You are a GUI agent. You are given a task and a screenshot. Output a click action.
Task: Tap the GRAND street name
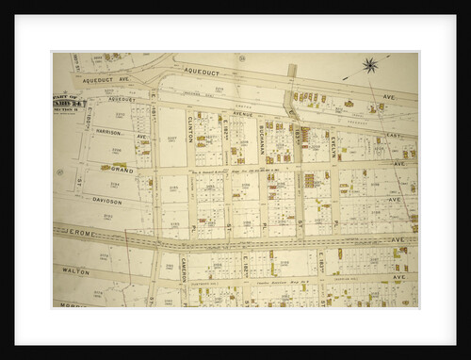click(121, 170)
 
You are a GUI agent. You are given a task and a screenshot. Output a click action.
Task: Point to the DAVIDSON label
click(106, 200)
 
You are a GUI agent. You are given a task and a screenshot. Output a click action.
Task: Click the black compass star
click(370, 65)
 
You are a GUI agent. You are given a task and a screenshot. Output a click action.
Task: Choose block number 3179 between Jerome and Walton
click(105, 255)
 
